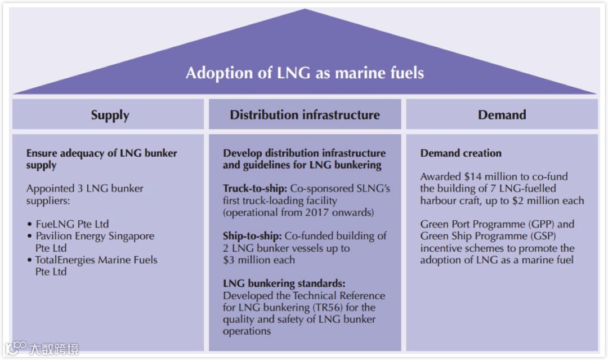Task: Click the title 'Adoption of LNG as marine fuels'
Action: click(305, 73)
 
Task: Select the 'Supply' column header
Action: click(110, 115)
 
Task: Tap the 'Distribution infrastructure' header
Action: click(305, 115)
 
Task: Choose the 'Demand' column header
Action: click(502, 115)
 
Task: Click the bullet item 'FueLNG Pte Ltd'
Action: click(71, 224)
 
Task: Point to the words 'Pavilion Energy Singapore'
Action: click(95, 236)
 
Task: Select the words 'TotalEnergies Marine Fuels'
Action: click(96, 260)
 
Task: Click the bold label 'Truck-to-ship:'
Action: click(255, 189)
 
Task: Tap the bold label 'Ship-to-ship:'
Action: click(253, 236)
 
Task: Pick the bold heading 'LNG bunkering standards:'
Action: click(284, 283)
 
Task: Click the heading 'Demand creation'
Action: click(461, 153)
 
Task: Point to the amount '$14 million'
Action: click(488, 177)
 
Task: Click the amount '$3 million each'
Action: click(259, 260)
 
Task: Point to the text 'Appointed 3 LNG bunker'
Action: click(84, 189)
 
